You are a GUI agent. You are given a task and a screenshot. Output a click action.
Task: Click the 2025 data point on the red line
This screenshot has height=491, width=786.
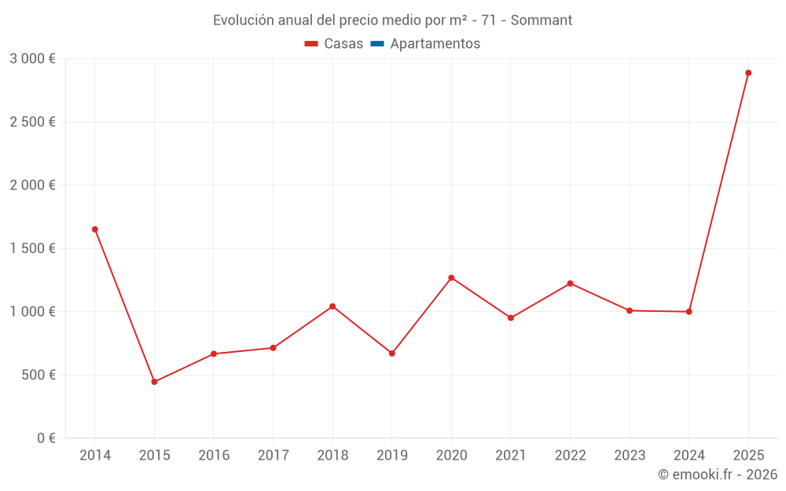point(748,73)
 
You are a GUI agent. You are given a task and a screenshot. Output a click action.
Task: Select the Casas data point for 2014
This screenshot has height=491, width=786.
point(95,229)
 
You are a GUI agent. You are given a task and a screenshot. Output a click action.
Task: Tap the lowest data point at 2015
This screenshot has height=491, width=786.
point(154,382)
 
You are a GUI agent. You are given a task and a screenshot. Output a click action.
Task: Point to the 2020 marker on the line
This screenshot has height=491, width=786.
point(451,277)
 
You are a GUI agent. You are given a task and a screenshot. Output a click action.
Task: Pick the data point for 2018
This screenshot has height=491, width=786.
point(332,306)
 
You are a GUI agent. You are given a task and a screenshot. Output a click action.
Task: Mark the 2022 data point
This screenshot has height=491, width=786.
point(570,284)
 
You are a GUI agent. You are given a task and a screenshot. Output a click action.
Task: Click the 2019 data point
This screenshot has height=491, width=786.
point(392,354)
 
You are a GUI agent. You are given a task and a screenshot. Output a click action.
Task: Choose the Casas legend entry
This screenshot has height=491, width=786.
point(334,44)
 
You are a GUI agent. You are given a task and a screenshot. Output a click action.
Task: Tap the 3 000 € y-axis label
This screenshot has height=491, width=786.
point(32,59)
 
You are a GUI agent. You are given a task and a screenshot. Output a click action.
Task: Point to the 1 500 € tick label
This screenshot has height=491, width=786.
point(32,248)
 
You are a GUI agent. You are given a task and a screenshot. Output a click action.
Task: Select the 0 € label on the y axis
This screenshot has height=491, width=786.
point(46,438)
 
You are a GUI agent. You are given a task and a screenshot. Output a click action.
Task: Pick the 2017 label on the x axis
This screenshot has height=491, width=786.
point(273,456)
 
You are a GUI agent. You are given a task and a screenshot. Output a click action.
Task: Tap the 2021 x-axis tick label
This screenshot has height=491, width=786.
point(511,456)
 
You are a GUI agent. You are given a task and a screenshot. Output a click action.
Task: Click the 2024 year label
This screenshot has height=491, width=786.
point(689,456)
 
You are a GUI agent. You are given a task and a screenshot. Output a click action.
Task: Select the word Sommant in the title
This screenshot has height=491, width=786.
point(542,20)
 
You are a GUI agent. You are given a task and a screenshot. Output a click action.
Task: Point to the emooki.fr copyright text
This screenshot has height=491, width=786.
point(718,475)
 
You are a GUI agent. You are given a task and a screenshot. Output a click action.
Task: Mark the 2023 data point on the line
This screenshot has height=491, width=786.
point(630,311)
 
